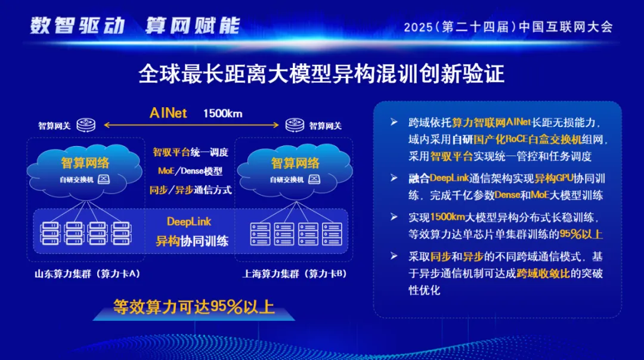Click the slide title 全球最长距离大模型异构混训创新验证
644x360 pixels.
point(321,74)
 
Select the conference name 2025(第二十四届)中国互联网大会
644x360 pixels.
point(508,27)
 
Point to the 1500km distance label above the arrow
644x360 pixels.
point(223,113)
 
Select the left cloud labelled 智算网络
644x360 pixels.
point(86,164)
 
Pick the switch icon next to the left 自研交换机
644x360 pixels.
point(104,179)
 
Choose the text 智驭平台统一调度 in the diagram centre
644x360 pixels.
point(190,153)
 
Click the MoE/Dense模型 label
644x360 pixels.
point(190,171)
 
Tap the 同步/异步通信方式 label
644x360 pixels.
point(190,190)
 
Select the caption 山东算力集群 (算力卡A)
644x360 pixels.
point(88,274)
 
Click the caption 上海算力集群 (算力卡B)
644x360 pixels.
point(295,274)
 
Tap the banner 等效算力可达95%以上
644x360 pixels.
point(194,307)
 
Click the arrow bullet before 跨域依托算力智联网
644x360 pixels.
point(394,123)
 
